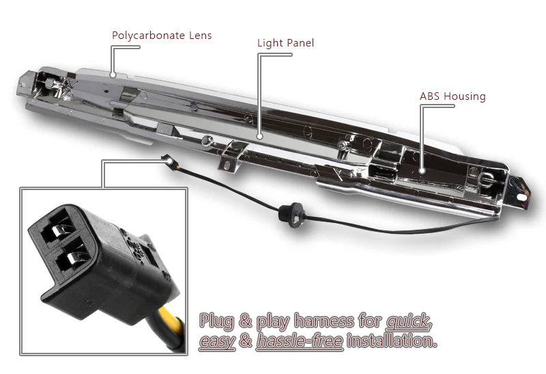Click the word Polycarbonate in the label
148,36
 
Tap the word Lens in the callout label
201,36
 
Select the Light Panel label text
285,43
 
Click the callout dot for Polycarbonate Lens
113,75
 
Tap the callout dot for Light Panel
259,137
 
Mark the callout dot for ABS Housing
422,171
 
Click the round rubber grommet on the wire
291,215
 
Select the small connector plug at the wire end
167,160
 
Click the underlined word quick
409,321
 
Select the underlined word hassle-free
300,341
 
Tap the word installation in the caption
392,340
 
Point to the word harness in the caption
324,321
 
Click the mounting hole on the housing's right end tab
521,197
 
